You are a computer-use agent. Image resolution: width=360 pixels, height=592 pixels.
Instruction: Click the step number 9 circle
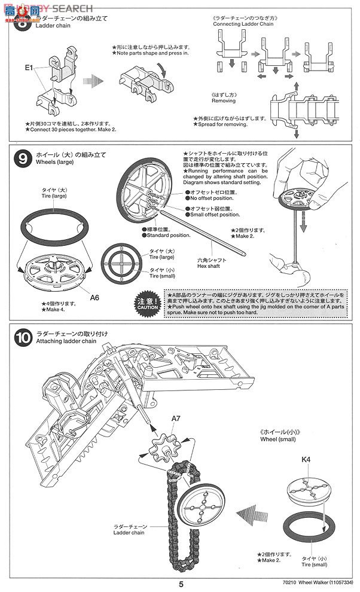tap(22, 159)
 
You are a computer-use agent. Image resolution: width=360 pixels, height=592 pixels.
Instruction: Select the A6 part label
tap(94, 297)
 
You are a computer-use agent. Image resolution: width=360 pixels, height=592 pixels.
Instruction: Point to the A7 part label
tap(175, 420)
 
